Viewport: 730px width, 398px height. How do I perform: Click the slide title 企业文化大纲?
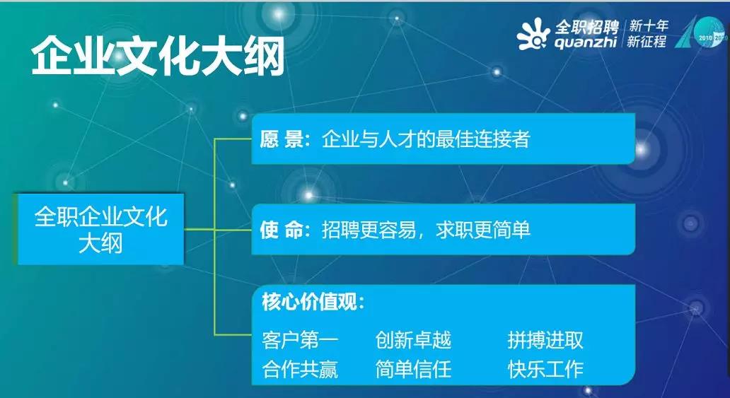tap(158, 57)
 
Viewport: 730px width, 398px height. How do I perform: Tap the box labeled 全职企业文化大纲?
tap(100, 230)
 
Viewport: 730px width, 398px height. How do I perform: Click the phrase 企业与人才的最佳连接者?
tap(426, 139)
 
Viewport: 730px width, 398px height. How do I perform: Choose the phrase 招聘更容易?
tap(369, 230)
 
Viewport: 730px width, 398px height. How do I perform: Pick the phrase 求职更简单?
tap(483, 230)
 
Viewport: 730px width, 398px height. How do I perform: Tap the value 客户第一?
tap(300, 341)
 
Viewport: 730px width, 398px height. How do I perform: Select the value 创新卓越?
tap(413, 341)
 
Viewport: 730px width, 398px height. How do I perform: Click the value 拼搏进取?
tap(545, 341)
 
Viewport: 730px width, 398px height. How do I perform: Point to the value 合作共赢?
tap(300, 369)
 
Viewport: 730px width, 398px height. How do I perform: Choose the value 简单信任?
tap(413, 369)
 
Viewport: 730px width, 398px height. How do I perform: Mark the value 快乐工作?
tap(545, 369)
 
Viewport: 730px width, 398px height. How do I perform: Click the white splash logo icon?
tap(533, 34)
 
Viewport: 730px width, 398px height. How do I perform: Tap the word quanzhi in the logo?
tap(585, 42)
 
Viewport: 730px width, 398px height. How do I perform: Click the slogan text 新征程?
tap(647, 42)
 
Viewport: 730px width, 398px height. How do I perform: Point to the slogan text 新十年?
tap(648, 25)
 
